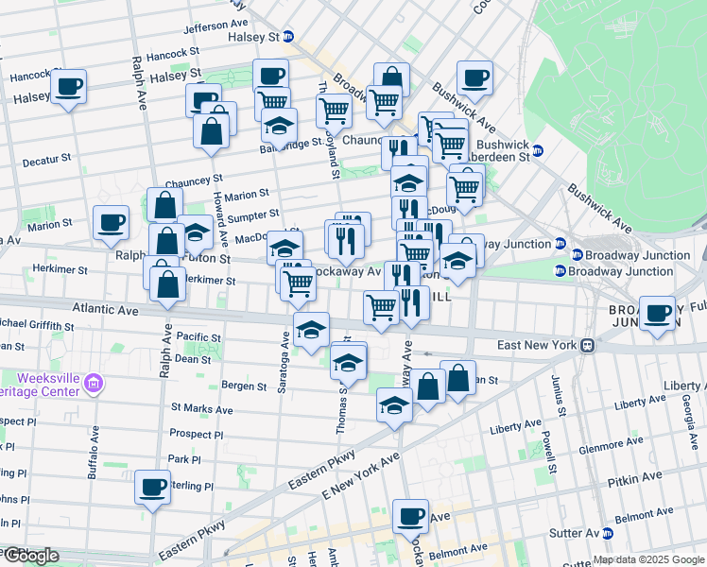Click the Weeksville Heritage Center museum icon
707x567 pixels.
[93, 384]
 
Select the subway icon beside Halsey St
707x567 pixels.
[289, 37]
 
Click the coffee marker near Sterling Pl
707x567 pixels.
[152, 488]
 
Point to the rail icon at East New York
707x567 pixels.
[587, 346]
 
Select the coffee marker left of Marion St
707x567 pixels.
[112, 223]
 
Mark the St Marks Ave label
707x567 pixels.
[201, 409]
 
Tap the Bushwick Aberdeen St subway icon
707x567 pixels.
[538, 150]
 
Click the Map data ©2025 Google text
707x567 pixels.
[647, 559]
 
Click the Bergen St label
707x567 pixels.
[245, 386]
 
